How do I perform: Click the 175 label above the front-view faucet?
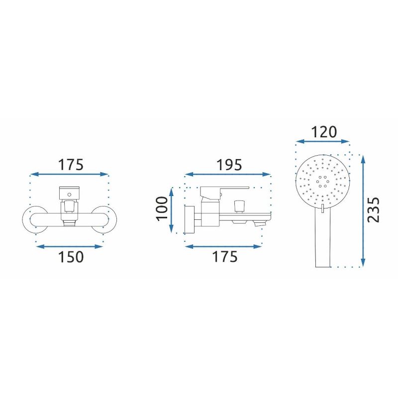tap(71, 165)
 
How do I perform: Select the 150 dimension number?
tap(71, 257)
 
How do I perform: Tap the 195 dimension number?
tap(229, 165)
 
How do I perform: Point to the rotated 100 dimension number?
tap(163, 208)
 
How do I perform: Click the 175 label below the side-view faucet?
tap(225, 257)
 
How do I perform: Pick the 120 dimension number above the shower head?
tap(324, 132)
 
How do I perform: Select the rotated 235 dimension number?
tap(374, 210)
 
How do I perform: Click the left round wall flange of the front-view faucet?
tap(35, 219)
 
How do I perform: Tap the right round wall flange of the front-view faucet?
tap(104, 219)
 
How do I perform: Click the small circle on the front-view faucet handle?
tap(69, 195)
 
